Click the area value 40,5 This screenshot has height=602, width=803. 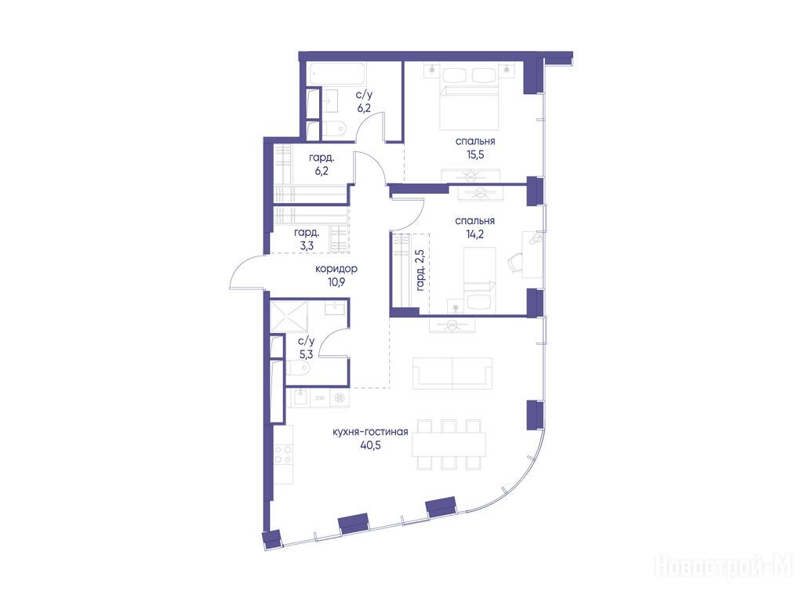370,445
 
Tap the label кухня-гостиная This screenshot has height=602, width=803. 370,432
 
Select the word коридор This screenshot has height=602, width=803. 336,269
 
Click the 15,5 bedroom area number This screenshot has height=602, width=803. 475,154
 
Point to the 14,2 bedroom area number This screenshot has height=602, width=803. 474,234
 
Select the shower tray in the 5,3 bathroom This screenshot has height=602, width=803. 289,317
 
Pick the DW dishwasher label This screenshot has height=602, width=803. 320,397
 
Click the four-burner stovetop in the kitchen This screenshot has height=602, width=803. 283,455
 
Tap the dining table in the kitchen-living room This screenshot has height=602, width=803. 449,444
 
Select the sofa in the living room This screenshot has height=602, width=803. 452,373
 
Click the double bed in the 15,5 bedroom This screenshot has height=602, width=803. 470,100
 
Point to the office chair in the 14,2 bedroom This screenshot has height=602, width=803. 514,263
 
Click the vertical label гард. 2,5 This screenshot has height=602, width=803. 420,270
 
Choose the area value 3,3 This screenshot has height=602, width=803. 307,245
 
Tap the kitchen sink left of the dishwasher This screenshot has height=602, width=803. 300,397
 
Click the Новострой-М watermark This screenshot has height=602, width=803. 724,567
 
